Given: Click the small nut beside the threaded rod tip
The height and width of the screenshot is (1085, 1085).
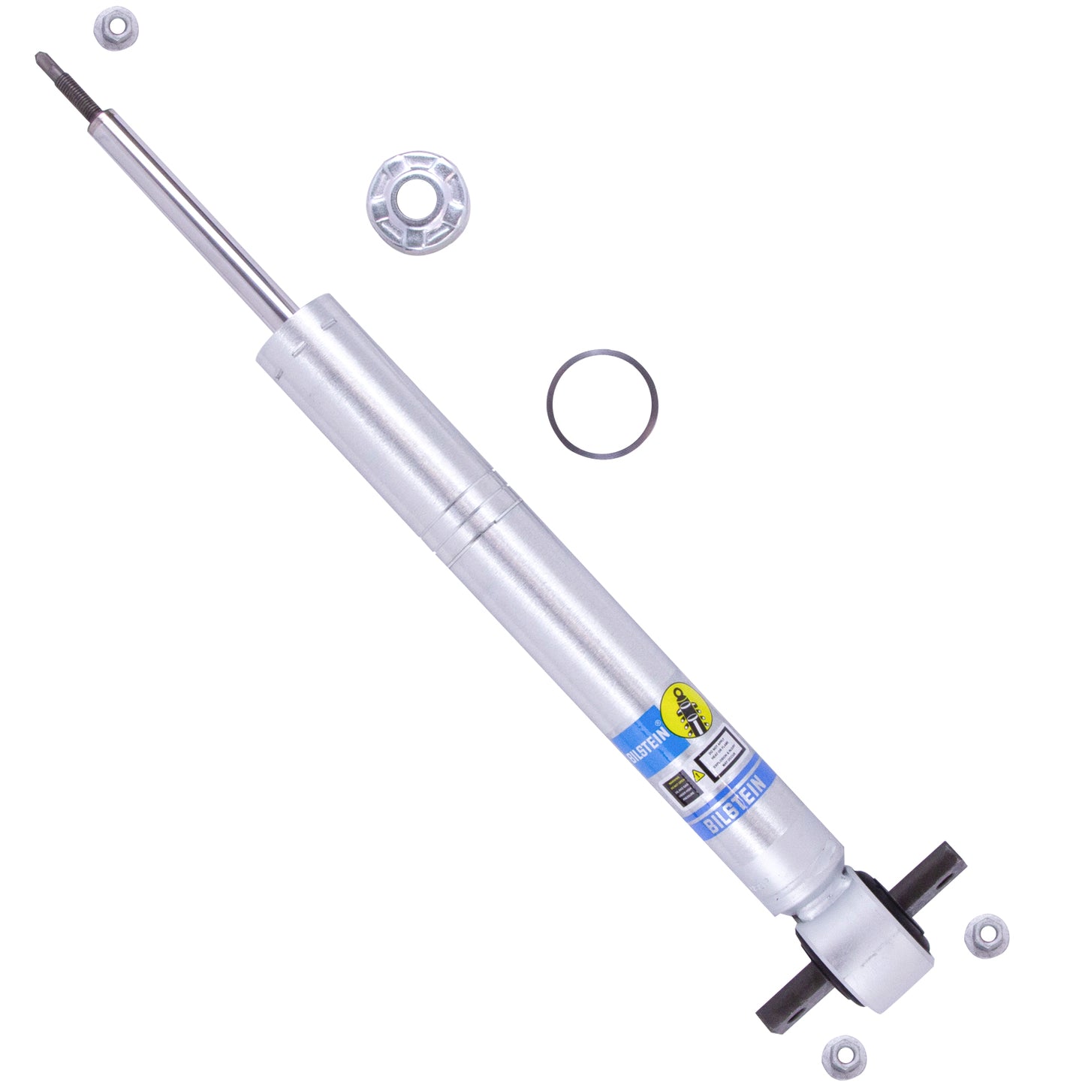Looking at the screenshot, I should click(116, 29).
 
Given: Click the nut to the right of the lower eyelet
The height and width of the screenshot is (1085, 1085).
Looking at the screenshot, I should click(986, 936).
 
